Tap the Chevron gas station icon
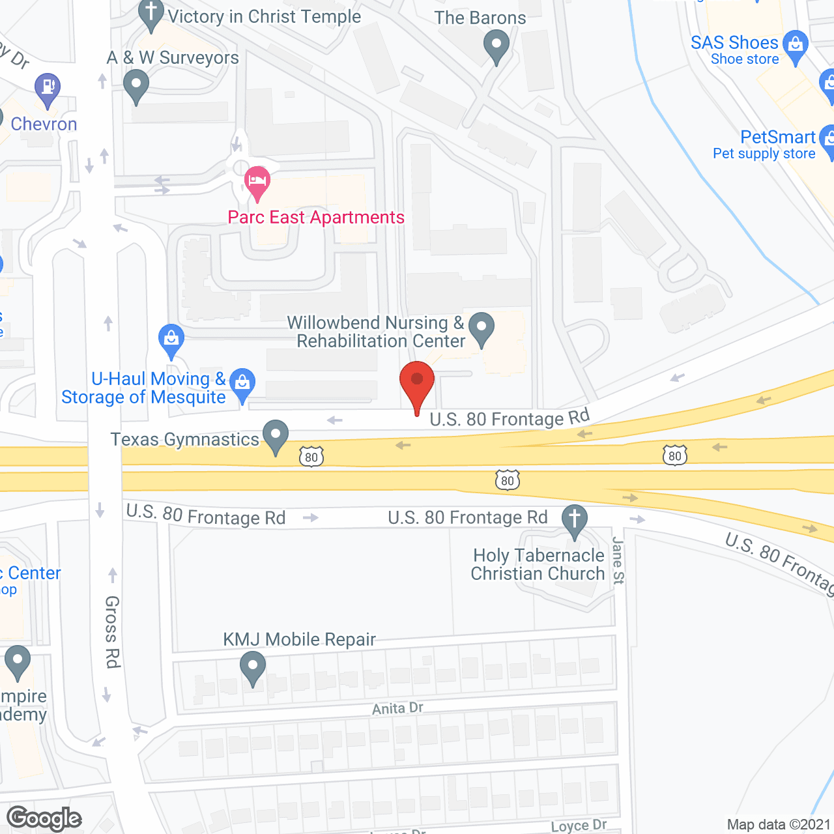point(47,88)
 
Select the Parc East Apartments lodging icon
point(257,180)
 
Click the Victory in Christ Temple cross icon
point(151,13)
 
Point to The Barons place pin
point(496,46)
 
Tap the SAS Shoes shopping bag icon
point(795,45)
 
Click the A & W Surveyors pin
point(136,85)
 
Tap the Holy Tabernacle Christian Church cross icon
point(575,520)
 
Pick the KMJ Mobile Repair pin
point(252,667)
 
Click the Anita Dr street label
point(397,708)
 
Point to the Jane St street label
point(618,560)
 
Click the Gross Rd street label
point(113,631)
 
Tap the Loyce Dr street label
point(579,826)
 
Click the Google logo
point(44,818)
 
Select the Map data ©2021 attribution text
point(779,825)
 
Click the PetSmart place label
point(777,137)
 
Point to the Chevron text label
point(44,124)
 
